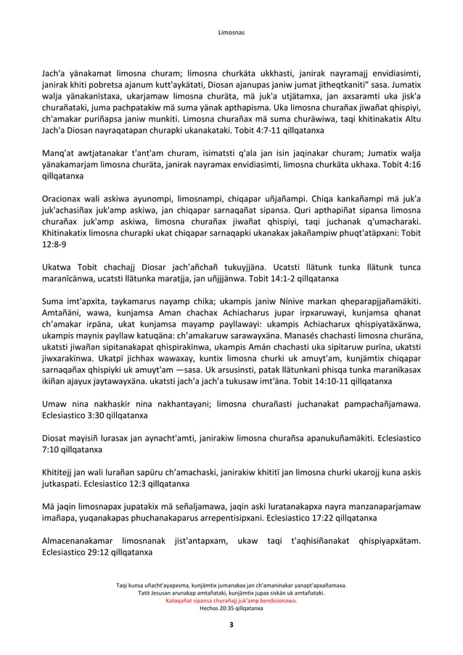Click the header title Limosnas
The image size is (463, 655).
[x=231, y=33]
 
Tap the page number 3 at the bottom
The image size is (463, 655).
[x=231, y=625]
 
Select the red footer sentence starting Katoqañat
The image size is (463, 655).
[x=231, y=601]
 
